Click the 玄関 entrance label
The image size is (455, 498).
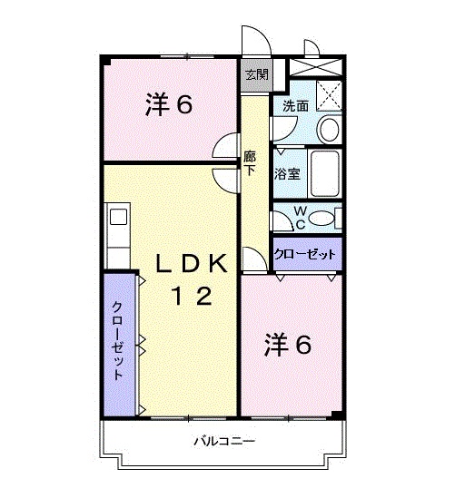click(254, 75)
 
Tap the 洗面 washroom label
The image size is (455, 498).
click(295, 106)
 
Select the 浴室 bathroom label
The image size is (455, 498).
click(289, 174)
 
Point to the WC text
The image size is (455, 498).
click(300, 219)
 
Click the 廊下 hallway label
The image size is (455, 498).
click(250, 164)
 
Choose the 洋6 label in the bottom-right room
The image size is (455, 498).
click(289, 345)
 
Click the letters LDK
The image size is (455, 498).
click(193, 263)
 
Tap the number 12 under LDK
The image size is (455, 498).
click(193, 296)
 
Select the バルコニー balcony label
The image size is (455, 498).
click(223, 442)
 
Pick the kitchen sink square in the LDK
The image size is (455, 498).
click(117, 217)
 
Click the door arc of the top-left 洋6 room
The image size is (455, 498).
click(224, 149)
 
